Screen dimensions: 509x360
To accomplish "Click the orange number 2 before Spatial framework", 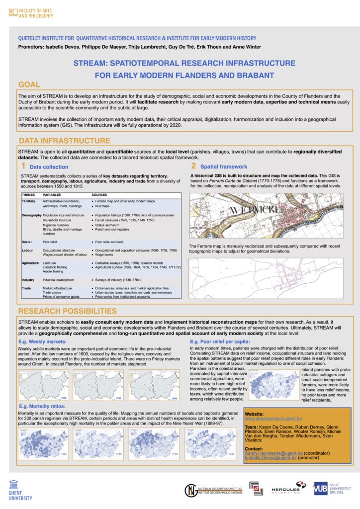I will click(x=194, y=166).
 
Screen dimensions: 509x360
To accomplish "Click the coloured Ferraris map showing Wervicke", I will click(x=266, y=215).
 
